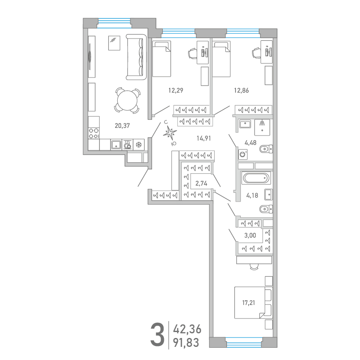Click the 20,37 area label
pos(122,126)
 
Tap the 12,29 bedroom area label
pos(176,90)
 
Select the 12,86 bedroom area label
pos(241,90)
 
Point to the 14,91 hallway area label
pos(204,138)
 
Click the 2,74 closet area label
pos(201,183)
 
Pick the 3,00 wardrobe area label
pos(250,235)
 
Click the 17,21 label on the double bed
pos(249,302)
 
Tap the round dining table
pos(127,100)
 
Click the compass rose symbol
pos(170,133)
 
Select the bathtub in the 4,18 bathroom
pos(256,178)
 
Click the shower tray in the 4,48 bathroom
pos(262,127)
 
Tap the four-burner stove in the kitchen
pos(94,133)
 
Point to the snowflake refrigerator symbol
pos(138,145)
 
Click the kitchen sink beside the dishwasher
pos(116,145)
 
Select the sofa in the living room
pos(136,57)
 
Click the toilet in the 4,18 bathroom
pos(266,209)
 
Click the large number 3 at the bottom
pos(157,334)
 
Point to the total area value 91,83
pos(186,343)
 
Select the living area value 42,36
pos(187,329)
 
